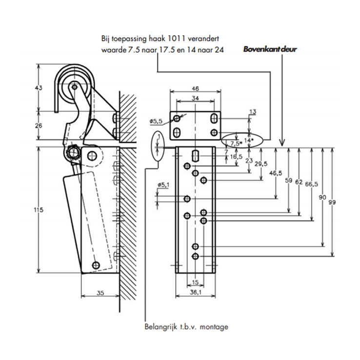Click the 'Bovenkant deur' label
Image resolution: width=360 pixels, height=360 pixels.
(x=270, y=49)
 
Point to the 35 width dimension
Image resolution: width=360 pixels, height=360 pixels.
(x=100, y=293)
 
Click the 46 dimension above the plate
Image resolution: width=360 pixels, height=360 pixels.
(x=195, y=89)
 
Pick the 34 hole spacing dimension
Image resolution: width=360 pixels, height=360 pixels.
(x=195, y=99)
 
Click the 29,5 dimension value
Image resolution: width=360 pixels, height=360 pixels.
(x=261, y=164)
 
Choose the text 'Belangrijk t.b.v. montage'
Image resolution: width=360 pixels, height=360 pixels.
(x=186, y=326)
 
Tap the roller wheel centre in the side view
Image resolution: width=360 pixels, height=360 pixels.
(x=74, y=87)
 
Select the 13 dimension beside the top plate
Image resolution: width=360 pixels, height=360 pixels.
(x=253, y=112)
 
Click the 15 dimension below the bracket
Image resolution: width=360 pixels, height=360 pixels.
(x=195, y=282)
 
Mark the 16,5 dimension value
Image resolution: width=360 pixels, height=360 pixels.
(x=236, y=157)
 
